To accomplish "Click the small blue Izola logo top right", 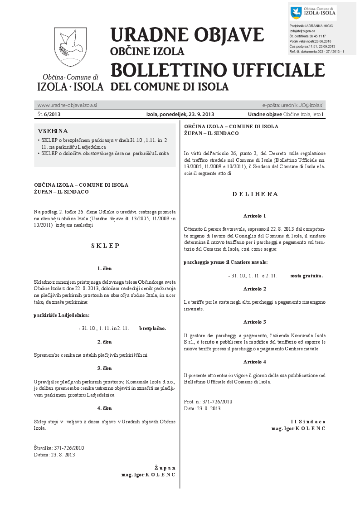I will pos(296,13).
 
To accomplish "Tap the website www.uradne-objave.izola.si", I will pos(67,105).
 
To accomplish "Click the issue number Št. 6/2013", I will pos(49,114).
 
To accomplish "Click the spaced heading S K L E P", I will pos(105,246).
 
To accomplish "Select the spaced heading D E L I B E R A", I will pos(255,194).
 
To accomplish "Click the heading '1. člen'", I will pos(105,268).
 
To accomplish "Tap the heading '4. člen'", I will pos(105,408).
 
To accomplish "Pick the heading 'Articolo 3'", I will pos(254,321).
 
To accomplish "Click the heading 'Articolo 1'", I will pos(254,216).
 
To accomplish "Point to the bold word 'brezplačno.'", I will pos(153,328).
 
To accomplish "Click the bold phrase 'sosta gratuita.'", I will pos(306,275).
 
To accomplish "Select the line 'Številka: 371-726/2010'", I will pos(59,448).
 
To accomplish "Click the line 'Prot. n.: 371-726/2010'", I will pos(208,402).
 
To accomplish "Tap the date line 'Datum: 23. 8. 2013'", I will pos(54,455).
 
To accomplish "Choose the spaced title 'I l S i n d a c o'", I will pos(308,422).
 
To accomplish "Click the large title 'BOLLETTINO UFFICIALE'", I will pos(218,70).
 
